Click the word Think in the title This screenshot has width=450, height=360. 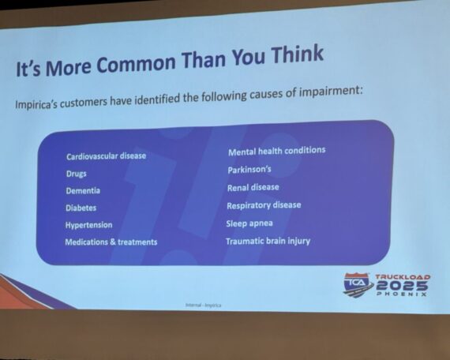(298, 54)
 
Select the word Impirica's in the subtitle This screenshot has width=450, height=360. (36, 104)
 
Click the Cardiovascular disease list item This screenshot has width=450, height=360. (107, 156)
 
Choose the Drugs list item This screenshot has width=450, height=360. (77, 174)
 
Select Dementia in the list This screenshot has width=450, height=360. (83, 191)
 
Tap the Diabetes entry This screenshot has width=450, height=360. (81, 208)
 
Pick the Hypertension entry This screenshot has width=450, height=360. (88, 225)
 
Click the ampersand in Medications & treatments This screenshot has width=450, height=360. (113, 242)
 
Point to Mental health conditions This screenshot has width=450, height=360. (277, 151)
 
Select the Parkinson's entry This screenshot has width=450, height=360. (249, 170)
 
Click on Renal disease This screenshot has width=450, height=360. (253, 188)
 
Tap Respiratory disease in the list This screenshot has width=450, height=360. (264, 205)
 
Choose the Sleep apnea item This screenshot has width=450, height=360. (249, 223)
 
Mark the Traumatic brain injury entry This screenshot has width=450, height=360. (268, 242)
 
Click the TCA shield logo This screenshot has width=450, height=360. (358, 285)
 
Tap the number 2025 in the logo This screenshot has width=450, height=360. (402, 286)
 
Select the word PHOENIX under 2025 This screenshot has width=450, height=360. (402, 294)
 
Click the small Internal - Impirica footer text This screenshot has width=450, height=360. (204, 306)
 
